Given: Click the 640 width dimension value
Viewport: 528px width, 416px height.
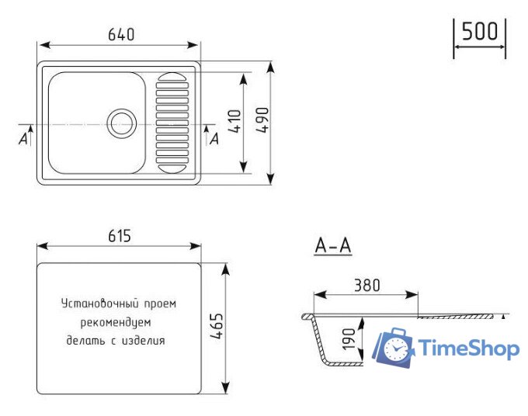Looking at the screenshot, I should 121,34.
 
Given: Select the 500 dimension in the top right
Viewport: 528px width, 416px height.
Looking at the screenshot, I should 479,32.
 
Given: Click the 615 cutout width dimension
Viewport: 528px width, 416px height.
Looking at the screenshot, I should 119,235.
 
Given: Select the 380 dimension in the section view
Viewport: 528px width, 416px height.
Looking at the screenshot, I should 366,285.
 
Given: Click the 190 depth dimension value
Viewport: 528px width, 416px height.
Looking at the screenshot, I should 349,339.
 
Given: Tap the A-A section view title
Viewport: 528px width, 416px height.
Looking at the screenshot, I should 333,247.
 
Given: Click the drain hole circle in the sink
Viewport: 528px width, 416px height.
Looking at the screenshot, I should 122,123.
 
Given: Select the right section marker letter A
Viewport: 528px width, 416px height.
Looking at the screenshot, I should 214,138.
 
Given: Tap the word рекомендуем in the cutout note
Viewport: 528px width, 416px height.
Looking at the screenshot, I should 116,321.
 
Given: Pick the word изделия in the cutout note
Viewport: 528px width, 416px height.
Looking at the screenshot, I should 146,340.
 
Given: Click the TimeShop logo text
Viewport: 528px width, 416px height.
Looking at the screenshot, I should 469,348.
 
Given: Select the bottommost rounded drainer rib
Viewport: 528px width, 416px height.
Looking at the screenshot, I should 172,167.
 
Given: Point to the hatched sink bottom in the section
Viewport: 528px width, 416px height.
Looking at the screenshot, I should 349,363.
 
